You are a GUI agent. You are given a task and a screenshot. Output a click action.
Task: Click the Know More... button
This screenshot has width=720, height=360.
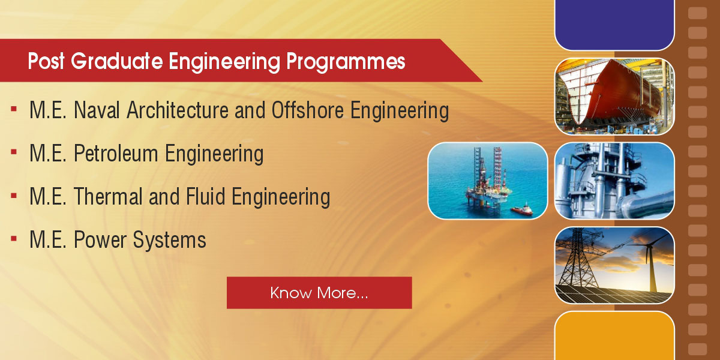point(319,293)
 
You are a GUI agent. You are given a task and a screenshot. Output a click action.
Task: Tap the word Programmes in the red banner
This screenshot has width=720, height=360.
point(346,61)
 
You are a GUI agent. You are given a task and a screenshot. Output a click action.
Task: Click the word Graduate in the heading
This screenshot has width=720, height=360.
point(117,61)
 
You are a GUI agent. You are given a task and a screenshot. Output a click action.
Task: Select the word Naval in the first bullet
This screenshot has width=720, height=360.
point(97,110)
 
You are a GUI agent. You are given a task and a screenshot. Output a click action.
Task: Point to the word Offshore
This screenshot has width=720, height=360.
point(308,110)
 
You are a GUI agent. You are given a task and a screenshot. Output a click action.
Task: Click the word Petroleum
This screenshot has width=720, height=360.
point(116,153)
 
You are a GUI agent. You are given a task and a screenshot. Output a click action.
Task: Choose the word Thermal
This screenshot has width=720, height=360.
point(109,196)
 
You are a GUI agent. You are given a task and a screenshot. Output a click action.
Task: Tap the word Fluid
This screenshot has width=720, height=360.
point(206,196)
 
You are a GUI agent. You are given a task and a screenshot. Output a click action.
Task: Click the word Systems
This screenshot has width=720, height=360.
point(169,240)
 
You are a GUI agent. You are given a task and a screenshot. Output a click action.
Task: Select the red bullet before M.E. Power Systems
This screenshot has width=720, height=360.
point(13,239)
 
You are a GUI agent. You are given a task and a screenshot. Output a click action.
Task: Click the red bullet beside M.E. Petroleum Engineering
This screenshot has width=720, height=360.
point(13,152)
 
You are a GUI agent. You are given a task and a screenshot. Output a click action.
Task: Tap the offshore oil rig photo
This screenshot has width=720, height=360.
point(488,181)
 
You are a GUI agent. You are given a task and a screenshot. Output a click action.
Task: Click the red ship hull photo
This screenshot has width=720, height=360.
point(614,97)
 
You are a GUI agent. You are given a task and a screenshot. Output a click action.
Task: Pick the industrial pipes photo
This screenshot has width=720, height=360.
point(614,181)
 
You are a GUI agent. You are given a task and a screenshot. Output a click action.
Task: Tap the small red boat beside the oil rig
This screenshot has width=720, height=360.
point(521,210)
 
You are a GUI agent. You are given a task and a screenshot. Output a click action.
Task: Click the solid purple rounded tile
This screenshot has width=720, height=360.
point(614,25)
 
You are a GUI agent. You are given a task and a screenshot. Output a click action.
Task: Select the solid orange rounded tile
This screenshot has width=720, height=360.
point(614,335)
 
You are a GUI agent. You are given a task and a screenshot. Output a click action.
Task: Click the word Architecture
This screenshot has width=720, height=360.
point(178,110)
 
